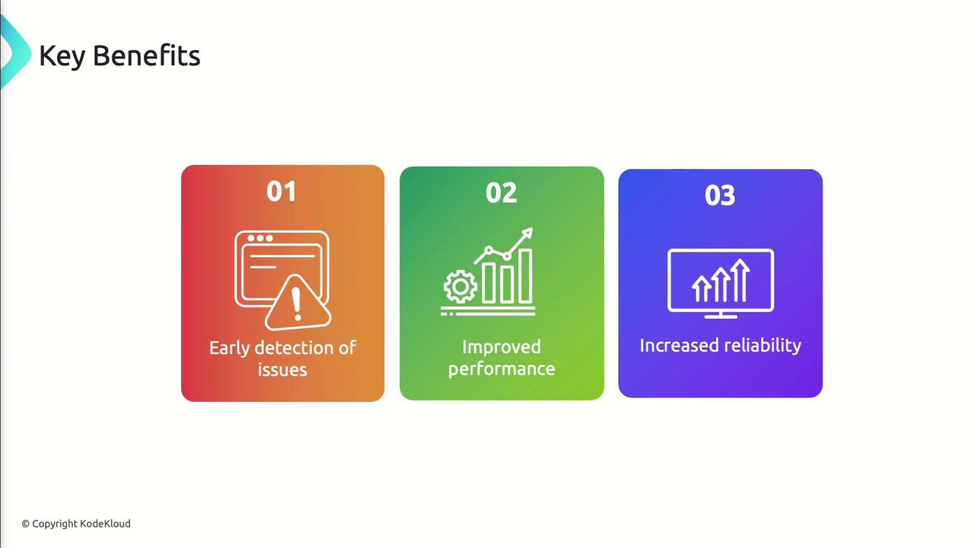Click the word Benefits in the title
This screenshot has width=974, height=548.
click(147, 56)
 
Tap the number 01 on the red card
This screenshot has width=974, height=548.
click(282, 191)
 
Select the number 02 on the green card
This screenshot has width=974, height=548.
click(501, 193)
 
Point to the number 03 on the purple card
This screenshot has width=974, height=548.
click(720, 196)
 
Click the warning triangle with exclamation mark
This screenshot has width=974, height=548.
click(298, 303)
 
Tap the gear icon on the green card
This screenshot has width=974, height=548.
click(460, 287)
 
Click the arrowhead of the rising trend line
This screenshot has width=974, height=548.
click(528, 232)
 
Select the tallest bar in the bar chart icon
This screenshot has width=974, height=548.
click(526, 276)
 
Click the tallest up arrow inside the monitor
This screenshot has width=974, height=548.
click(740, 280)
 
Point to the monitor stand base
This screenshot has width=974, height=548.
click(721, 316)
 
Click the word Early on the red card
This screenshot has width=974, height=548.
click(230, 349)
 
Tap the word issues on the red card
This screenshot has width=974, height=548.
click(282, 370)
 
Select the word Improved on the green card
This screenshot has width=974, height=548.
click(501, 348)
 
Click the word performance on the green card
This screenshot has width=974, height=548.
click(501, 370)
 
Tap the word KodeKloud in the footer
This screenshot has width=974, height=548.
click(105, 524)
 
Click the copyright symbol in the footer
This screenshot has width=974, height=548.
click(26, 524)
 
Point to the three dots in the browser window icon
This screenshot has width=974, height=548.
click(260, 238)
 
